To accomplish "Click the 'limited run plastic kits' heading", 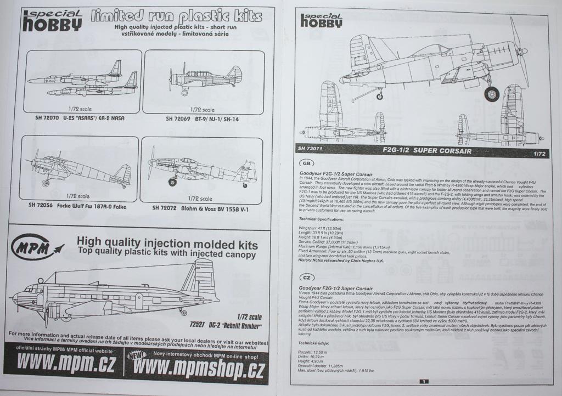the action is pos(176,16).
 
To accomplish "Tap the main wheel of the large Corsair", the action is pos(491,94).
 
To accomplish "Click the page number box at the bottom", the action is pos(423,381).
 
